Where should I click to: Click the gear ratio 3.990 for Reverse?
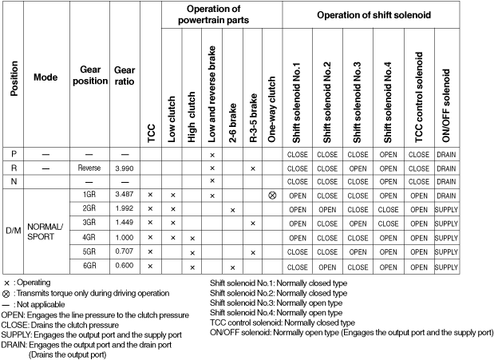(124, 168)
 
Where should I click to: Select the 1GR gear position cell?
(89, 195)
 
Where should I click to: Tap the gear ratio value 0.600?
(124, 266)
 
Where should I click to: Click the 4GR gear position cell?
(89, 237)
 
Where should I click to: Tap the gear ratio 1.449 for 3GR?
(124, 223)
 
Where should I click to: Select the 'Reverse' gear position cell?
(89, 168)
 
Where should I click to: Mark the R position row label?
(14, 168)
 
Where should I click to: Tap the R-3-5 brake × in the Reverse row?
(252, 168)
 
